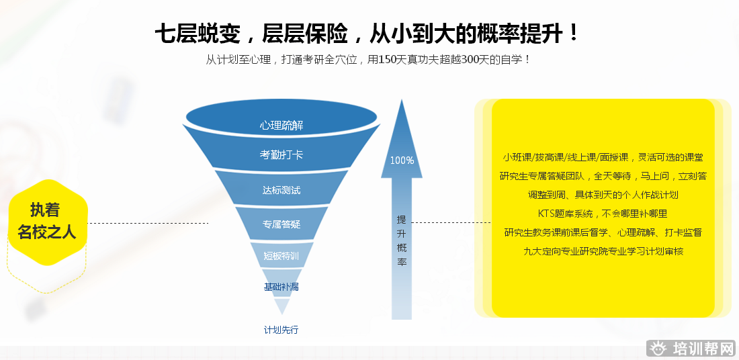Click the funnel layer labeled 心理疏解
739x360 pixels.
(281, 126)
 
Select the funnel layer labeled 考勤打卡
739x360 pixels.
(281, 154)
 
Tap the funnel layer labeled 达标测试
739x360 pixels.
(281, 190)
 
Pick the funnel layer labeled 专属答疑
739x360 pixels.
(281, 224)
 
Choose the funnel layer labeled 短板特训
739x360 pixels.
(281, 255)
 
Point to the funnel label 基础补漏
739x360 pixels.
(281, 287)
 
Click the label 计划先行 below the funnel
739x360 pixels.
(281, 330)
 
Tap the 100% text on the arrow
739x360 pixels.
(402, 161)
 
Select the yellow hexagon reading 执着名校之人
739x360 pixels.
(47, 221)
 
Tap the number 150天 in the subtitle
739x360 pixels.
(393, 59)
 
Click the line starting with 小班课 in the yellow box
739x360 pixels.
(603, 157)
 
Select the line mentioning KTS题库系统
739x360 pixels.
(603, 214)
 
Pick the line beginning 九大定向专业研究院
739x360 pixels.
(603, 251)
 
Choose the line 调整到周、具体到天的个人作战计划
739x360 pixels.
(603, 195)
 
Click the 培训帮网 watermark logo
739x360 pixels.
(693, 349)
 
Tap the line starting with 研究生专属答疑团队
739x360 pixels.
(603, 176)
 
